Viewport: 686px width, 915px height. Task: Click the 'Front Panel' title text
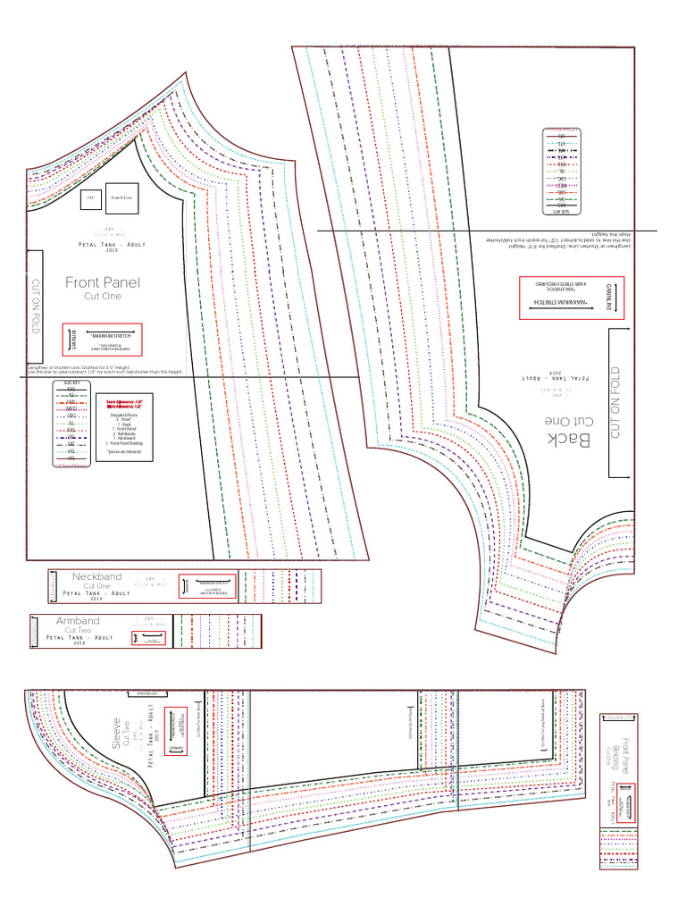pos(103,282)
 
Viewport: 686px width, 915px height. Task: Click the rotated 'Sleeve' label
pos(115,732)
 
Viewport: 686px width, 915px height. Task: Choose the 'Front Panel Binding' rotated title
pos(622,751)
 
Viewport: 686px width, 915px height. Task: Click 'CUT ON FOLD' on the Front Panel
pos(35,304)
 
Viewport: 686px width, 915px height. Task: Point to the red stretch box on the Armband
pos(149,638)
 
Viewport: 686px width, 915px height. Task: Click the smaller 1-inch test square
pos(90,200)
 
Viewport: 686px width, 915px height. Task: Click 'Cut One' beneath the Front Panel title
pos(102,296)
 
